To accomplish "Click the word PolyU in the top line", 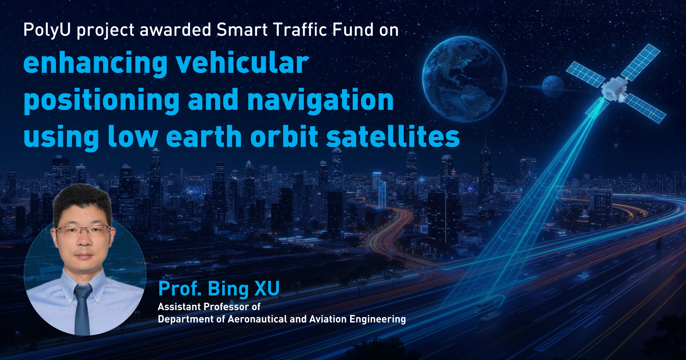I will [x=47, y=30].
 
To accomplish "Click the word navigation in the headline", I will [x=320, y=100].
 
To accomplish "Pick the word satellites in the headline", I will [x=393, y=136].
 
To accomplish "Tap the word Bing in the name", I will [x=228, y=289].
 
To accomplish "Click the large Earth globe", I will [x=464, y=79].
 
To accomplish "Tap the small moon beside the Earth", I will [x=552, y=86].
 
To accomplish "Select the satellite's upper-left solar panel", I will [x=585, y=74].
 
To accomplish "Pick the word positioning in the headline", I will [x=102, y=101].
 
